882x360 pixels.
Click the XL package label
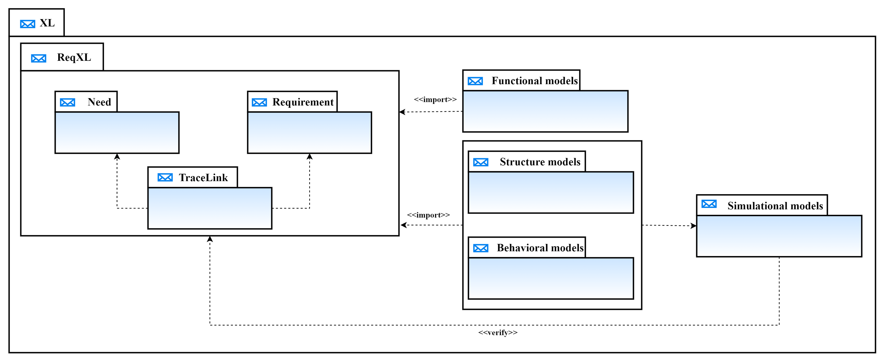[47, 23]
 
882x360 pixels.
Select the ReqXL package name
[74, 57]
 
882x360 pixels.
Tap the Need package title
[99, 102]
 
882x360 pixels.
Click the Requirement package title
[303, 102]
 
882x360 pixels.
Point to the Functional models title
[534, 81]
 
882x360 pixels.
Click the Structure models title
[540, 162]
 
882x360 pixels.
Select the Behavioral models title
[540, 248]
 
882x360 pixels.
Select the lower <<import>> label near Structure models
[428, 215]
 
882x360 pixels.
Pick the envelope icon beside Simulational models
[709, 204]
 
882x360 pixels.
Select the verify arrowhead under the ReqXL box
[210, 239]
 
